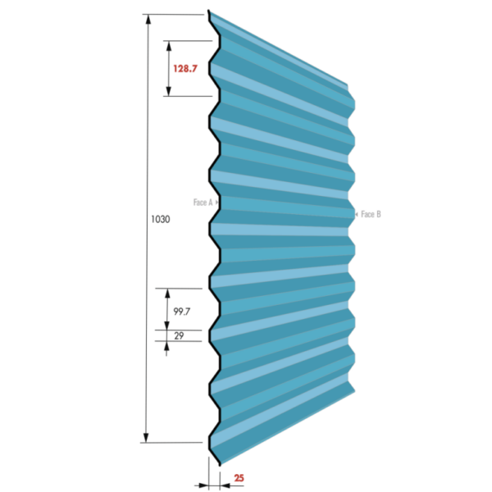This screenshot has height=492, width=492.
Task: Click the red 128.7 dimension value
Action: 185,68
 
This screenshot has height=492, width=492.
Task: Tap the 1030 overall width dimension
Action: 161,219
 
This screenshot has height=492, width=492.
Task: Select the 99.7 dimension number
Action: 182,312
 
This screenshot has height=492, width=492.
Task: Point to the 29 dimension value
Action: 179,335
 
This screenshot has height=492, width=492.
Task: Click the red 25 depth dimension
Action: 239,478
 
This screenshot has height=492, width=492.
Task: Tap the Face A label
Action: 203,203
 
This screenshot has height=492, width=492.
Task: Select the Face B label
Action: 371,214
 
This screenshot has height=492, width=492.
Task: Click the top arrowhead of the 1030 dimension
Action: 148,20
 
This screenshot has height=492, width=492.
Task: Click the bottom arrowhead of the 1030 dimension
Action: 146,438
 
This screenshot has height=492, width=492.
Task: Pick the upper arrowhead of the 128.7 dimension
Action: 169,46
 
